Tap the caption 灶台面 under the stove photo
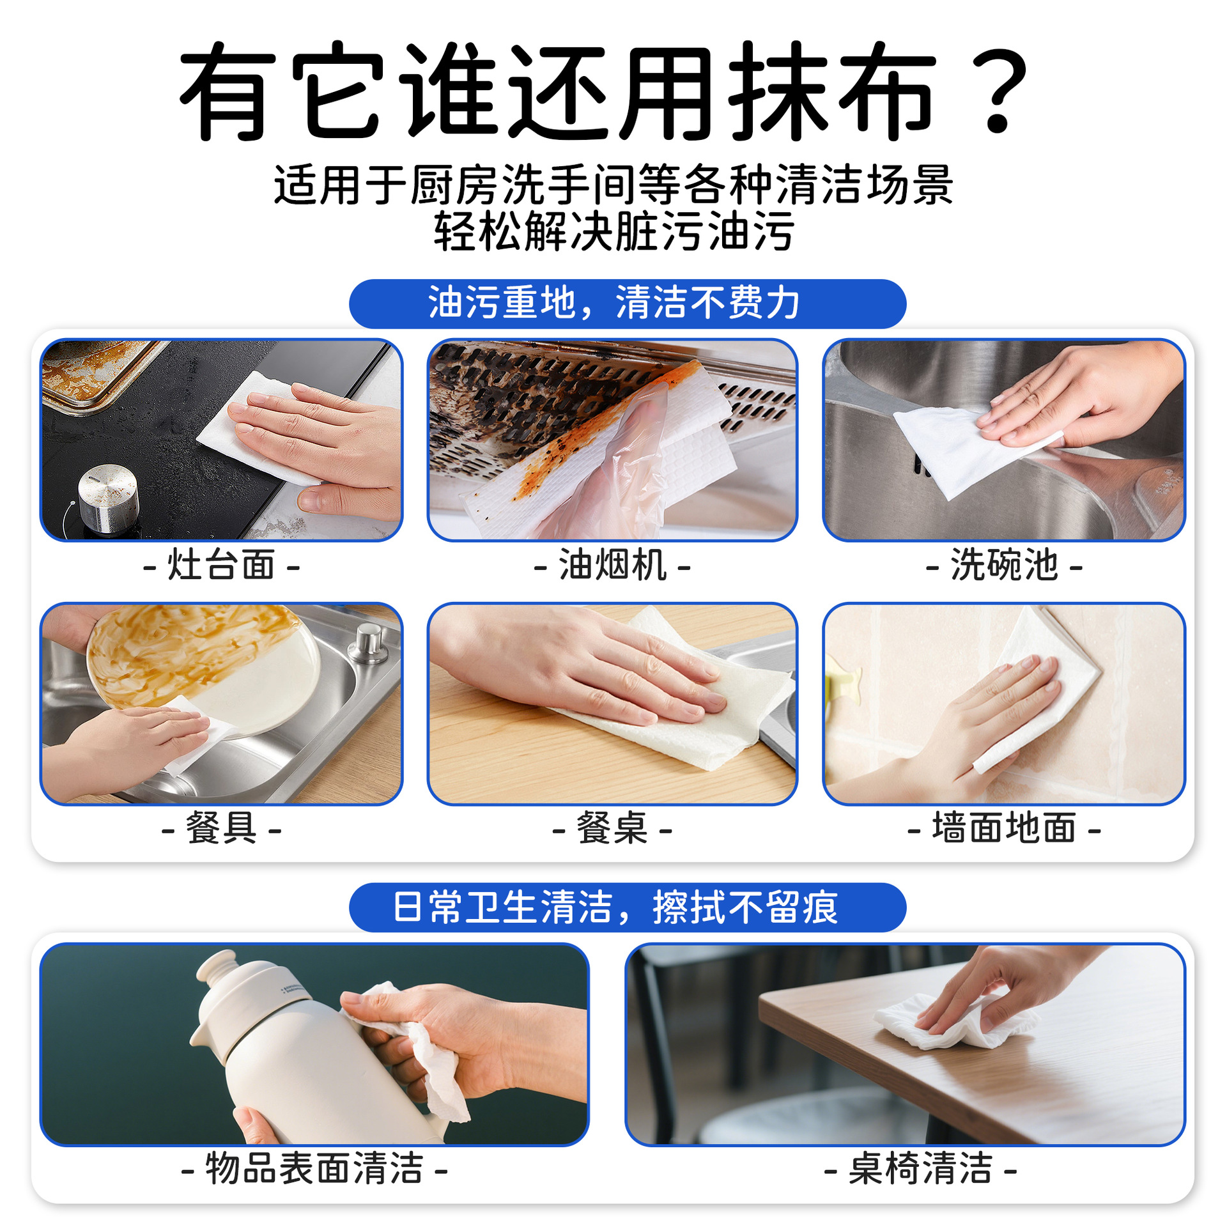221,566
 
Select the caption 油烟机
612,566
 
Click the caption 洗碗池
1004,566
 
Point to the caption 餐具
221,829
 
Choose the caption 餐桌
612,829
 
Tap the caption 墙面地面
1004,829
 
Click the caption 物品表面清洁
314,1169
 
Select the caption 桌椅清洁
920,1169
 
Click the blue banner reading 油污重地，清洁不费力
627,304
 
